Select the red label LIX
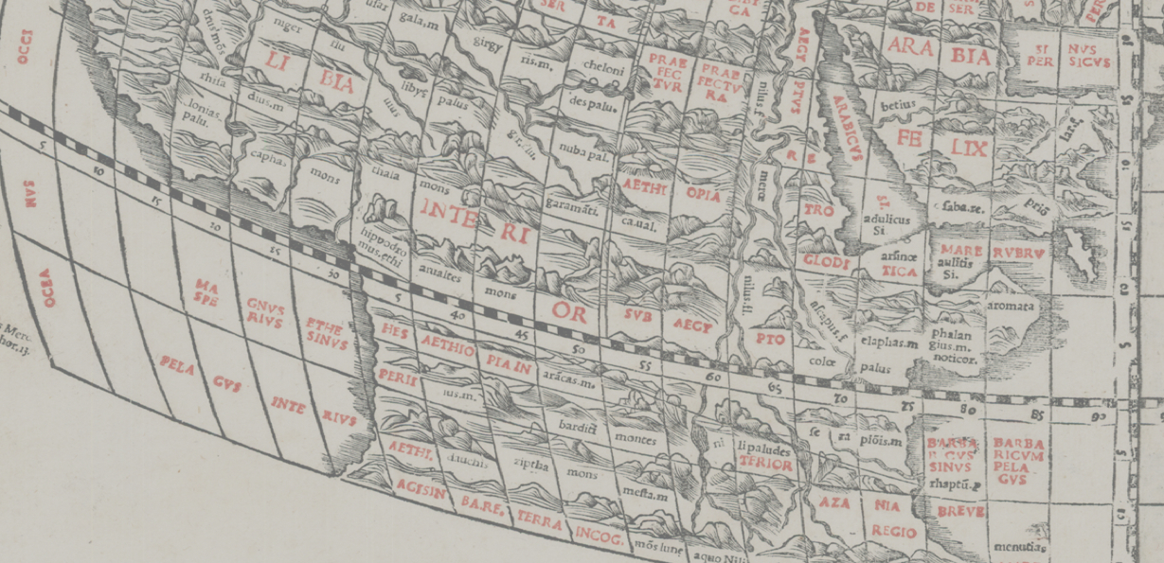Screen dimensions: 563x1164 pyautogui.click(x=970, y=148)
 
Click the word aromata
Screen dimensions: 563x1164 pyautogui.click(x=1012, y=308)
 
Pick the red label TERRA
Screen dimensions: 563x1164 pyautogui.click(x=540, y=521)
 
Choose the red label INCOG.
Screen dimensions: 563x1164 pyautogui.click(x=599, y=537)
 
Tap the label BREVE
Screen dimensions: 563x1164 pyautogui.click(x=960, y=512)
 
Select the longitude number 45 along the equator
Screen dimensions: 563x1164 pyautogui.click(x=521, y=335)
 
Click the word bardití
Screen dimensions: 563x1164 pyautogui.click(x=576, y=428)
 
